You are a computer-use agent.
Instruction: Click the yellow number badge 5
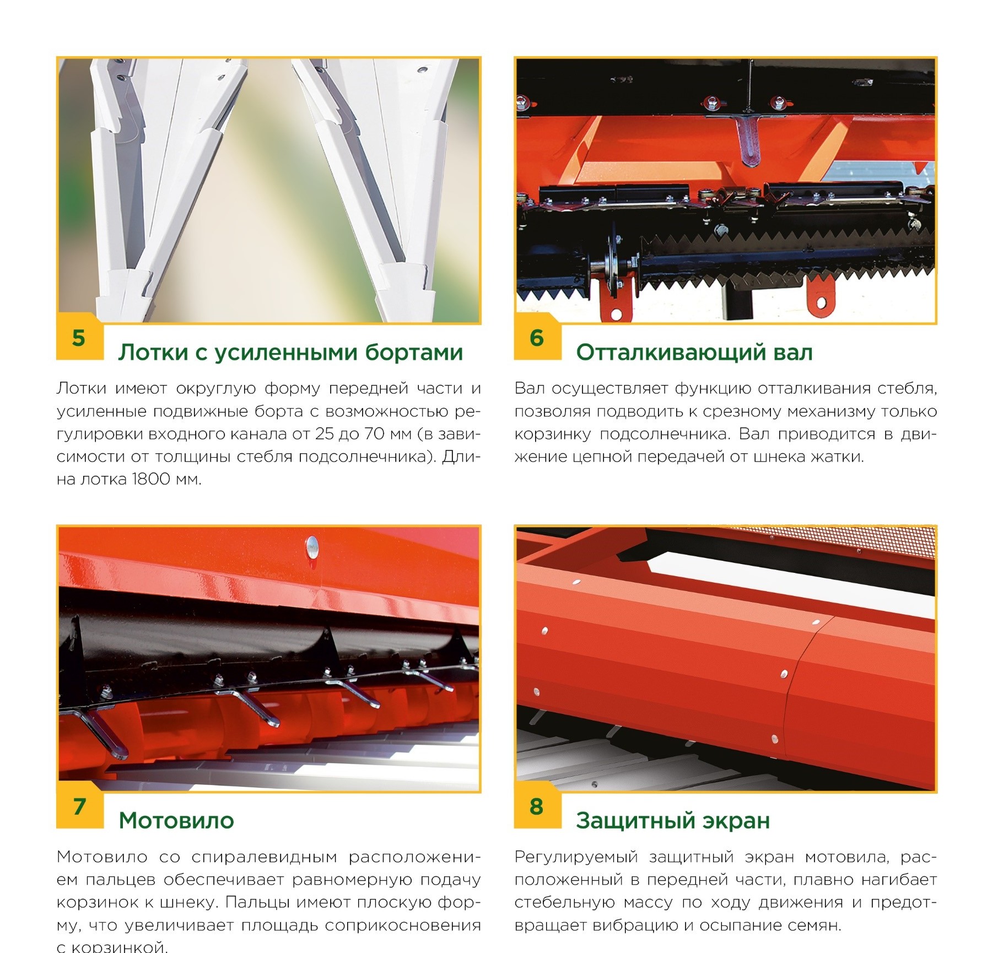79,338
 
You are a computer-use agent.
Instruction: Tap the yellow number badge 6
537,338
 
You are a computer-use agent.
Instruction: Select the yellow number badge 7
79,806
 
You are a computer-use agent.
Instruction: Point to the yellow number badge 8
537,806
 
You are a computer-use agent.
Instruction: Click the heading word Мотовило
176,821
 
